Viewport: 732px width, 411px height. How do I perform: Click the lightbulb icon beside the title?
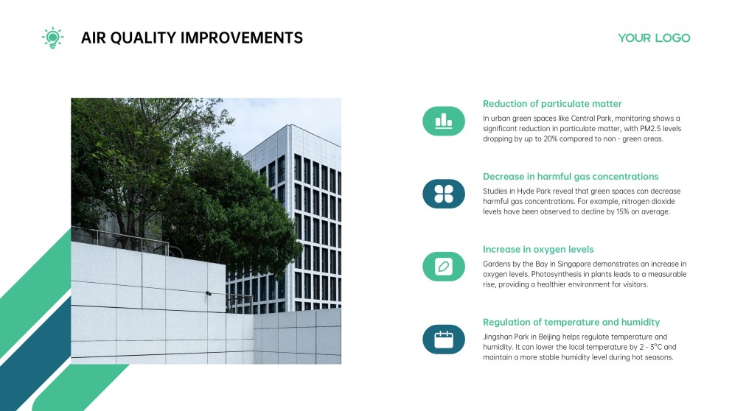52,38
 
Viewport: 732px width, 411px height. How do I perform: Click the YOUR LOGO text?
654,38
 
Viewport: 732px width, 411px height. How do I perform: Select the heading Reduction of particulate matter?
552,104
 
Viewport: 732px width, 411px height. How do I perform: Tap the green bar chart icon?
444,121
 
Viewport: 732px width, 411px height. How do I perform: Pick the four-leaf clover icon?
444,194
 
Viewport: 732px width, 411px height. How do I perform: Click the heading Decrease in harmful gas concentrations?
571,177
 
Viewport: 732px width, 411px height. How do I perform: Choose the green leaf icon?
444,267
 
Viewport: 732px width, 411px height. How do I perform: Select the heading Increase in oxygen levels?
538,250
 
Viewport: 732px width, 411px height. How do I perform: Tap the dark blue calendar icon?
444,340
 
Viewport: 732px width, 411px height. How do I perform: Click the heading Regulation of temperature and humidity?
571,323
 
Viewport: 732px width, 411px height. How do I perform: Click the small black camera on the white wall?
209,293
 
